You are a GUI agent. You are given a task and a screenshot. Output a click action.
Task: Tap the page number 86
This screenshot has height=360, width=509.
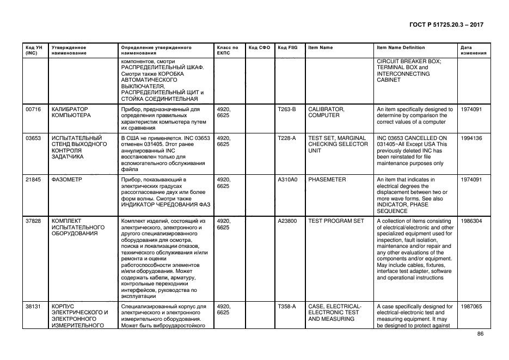(480, 334)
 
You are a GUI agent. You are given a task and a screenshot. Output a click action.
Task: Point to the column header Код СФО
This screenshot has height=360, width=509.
(259, 48)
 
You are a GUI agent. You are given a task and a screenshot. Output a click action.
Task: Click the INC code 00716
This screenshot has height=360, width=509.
(34, 109)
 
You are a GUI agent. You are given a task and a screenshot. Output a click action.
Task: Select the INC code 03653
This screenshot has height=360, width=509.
(34, 138)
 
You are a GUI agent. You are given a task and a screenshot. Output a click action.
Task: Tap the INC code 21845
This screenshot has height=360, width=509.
(34, 179)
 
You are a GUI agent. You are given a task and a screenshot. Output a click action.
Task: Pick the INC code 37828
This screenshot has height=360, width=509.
(34, 221)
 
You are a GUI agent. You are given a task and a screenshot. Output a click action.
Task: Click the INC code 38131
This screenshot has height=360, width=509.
(34, 307)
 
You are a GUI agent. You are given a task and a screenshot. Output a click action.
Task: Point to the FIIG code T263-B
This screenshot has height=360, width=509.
(287, 109)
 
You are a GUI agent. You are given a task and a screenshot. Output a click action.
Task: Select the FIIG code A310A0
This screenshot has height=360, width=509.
(287, 179)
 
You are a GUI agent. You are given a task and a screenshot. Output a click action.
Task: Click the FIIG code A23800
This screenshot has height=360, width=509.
(287, 221)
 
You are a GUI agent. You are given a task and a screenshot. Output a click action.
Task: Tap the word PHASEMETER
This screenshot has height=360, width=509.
(327, 179)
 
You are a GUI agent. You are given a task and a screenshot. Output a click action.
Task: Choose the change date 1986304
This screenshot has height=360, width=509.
(471, 221)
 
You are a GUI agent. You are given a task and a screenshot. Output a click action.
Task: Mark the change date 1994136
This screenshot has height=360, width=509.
(471, 138)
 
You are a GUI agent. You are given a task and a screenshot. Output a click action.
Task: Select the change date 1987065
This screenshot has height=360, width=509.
(471, 307)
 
